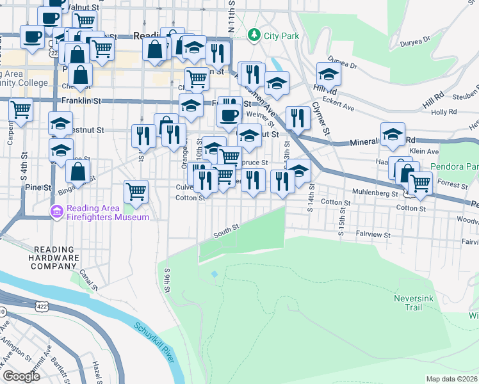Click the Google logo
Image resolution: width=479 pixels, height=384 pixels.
coord(21,376)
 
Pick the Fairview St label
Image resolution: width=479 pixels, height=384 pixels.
coord(373,235)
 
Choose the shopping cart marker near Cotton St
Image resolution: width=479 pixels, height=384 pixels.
coord(136,190)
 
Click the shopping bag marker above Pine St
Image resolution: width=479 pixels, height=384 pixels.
coord(77,171)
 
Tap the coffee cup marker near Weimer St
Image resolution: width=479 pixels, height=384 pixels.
coord(229,116)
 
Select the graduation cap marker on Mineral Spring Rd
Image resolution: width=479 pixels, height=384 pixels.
coord(393,134)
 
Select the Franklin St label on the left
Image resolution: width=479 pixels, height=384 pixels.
coord(81,101)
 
